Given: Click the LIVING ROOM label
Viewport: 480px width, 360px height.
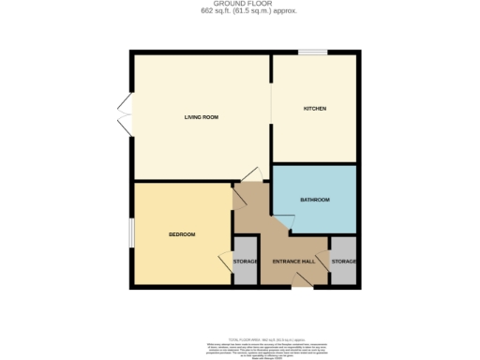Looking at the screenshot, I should coord(201,116).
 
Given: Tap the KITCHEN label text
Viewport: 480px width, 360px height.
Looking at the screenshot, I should coord(314,109).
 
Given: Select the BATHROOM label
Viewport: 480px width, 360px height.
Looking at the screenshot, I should coord(314,200).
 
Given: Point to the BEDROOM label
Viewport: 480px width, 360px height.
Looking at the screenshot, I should coord(182,233).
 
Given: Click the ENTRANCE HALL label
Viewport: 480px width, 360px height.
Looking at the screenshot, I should coord(292,260).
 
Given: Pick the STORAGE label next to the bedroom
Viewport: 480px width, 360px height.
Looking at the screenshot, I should coord(246,260).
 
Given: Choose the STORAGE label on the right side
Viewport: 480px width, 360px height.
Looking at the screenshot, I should coord(343,260).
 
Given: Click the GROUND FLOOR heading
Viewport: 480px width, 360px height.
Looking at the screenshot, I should coord(239,5).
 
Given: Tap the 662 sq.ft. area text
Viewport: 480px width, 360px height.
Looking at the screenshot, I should coord(239,12).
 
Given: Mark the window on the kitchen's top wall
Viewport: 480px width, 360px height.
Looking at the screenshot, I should coord(312,52).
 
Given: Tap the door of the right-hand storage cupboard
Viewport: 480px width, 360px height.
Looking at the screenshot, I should coord(324,262).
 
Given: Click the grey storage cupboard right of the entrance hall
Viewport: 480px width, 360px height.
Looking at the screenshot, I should coord(343,268).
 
